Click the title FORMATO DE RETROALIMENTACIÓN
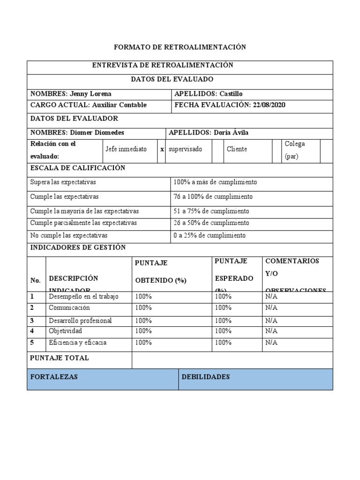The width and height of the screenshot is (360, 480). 180,47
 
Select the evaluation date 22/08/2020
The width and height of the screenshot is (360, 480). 269,105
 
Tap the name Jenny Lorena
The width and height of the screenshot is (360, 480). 90,94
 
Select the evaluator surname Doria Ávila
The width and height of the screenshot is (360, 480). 231,133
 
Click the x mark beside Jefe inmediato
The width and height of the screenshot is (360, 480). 162,149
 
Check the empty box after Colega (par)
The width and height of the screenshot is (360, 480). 326,150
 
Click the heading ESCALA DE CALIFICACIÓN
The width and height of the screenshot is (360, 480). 77,168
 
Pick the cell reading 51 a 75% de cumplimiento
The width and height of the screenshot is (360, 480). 211,211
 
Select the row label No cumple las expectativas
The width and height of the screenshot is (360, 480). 69,235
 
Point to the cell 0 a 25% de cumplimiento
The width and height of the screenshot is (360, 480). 209,235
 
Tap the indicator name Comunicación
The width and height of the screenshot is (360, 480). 69,308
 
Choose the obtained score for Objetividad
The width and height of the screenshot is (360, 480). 143,331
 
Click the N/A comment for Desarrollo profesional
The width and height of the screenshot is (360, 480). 271,321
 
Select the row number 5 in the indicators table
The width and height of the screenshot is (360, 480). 32,343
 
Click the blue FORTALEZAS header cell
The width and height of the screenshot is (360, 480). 102,379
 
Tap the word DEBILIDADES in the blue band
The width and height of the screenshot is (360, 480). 205,377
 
